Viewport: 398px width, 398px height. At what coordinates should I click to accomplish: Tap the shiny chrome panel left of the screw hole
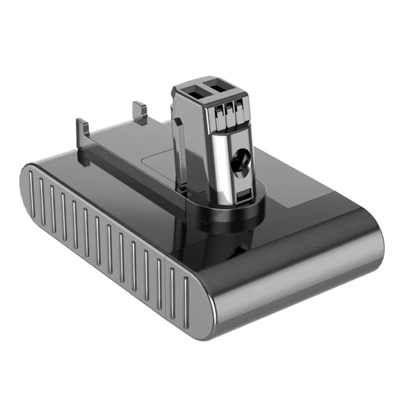215,159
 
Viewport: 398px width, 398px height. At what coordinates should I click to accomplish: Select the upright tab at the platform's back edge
139,109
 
